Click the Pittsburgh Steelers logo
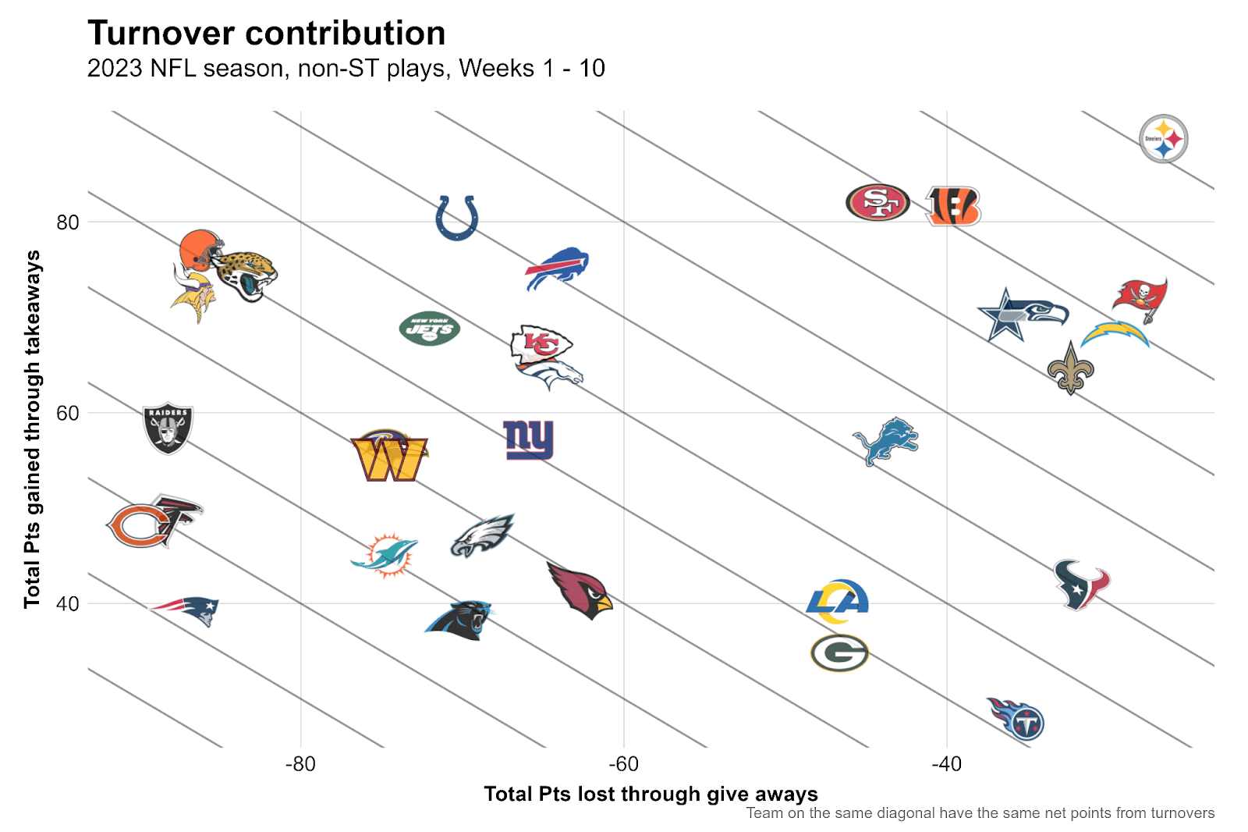[x=1163, y=139]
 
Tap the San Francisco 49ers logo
[x=877, y=203]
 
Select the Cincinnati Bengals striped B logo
[x=952, y=206]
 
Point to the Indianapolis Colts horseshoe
[x=456, y=218]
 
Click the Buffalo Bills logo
[x=558, y=268]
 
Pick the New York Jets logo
[x=429, y=329]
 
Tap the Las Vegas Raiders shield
[x=168, y=428]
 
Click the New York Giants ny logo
[x=528, y=439]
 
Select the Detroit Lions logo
[x=886, y=441]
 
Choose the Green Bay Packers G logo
[x=839, y=653]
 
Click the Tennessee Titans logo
[x=1017, y=718]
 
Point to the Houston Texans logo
[x=1081, y=584]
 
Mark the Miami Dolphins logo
[x=385, y=555]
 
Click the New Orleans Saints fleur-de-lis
[x=1070, y=368]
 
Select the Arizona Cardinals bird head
[x=580, y=591]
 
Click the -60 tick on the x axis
[x=623, y=764]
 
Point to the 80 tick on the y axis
[x=68, y=222]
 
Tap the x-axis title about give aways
[x=651, y=794]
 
